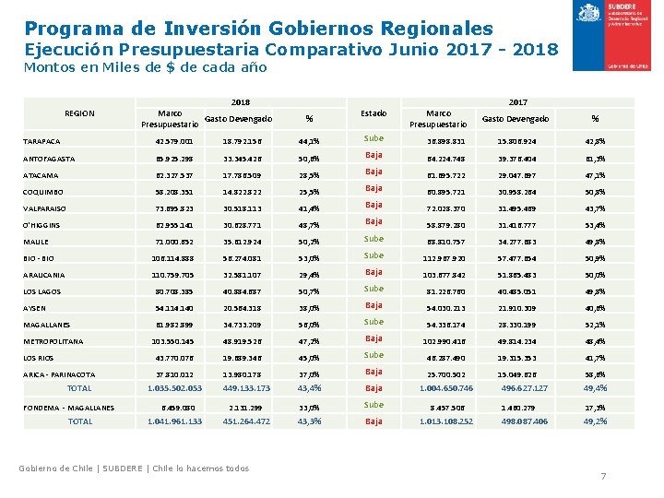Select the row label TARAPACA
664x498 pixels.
click(41, 142)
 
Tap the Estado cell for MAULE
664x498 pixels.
click(373, 239)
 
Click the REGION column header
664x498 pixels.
click(79, 113)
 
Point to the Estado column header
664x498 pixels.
click(373, 113)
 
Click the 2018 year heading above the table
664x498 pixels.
click(241, 102)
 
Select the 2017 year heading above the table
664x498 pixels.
click(517, 102)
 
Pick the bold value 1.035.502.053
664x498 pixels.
click(174, 388)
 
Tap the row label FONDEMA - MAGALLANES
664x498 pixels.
click(68, 407)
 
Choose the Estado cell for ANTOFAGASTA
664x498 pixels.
click(373, 155)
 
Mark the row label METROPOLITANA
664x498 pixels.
click(53, 341)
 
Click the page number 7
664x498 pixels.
click(603, 476)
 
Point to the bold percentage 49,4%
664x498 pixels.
click(596, 388)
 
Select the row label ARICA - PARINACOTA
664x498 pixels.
click(59, 374)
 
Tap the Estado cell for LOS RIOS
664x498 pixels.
click(373, 355)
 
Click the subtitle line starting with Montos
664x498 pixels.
click(145, 67)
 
